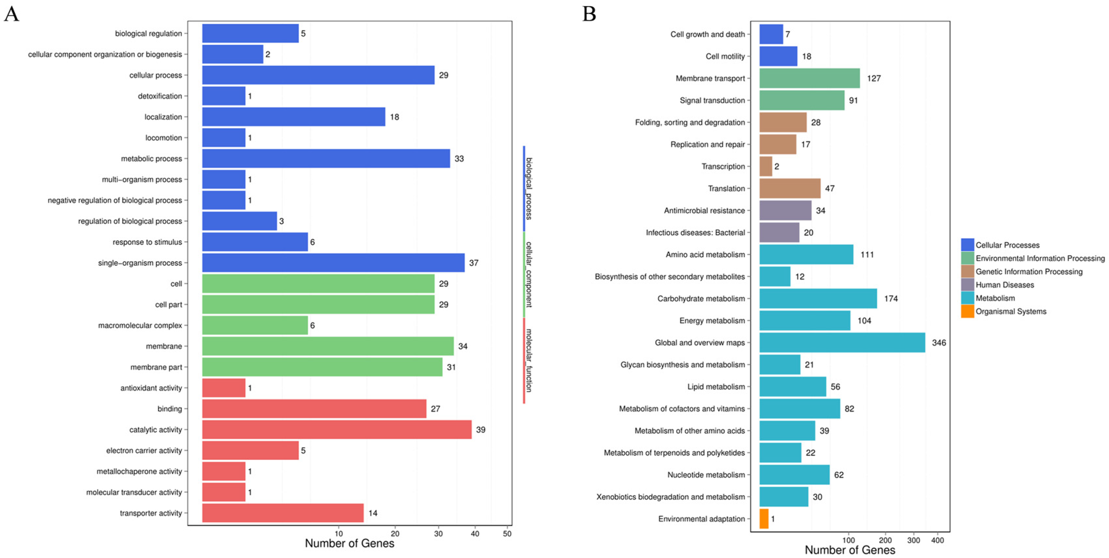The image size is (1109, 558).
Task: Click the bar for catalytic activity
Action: tap(337, 429)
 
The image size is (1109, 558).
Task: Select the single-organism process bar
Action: tap(333, 263)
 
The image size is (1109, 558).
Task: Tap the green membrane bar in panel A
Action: tap(327, 346)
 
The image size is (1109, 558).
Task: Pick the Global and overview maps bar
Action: tap(842, 343)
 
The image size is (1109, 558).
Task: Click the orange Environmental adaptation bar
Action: tap(764, 519)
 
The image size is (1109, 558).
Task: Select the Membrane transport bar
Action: tap(809, 78)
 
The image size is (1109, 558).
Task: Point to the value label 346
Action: tap(939, 343)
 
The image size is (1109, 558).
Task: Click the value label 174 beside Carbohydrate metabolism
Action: tap(891, 299)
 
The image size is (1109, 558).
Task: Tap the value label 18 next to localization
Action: tap(394, 117)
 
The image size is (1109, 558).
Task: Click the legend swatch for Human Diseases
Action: tap(967, 285)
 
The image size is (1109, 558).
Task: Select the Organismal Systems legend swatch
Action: tap(967, 311)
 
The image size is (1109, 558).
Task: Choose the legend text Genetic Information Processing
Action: tap(1029, 272)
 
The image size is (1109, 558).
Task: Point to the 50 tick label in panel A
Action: tap(507, 534)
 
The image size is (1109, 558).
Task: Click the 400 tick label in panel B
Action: tap(937, 540)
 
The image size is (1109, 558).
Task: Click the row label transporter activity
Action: tap(151, 513)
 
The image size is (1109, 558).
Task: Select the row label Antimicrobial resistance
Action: tap(704, 210)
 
